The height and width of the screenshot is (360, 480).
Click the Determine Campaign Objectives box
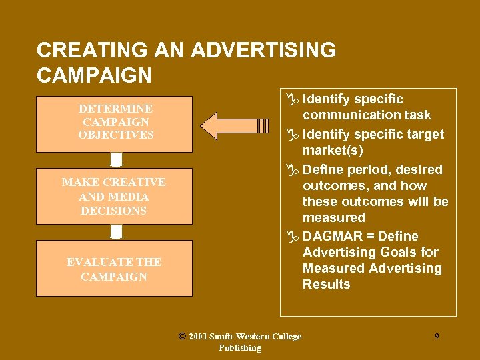115,124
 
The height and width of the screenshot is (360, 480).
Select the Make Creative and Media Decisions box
115,196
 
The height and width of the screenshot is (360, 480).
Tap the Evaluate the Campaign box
115,268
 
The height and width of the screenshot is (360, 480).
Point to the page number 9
437,337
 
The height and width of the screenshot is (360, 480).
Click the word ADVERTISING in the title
263,51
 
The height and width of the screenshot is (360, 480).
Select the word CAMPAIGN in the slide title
94,75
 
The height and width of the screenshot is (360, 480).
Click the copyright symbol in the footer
182,336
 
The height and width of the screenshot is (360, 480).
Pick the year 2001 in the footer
198,337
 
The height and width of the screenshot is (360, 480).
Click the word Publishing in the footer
240,348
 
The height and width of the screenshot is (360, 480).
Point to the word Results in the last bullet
326,285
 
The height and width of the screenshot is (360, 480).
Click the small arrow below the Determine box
116,160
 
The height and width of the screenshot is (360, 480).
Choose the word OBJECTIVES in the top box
116,135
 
